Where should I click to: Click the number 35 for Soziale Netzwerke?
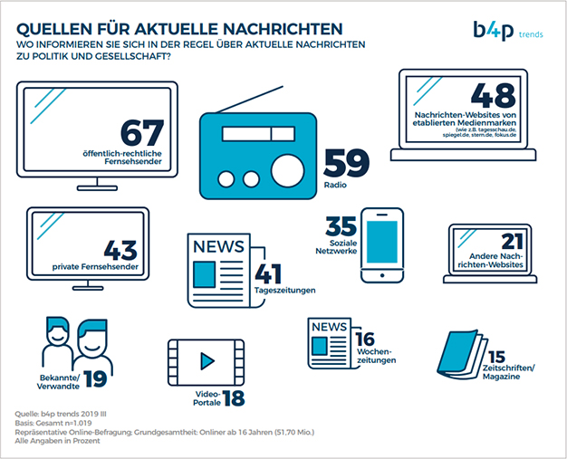(341, 225)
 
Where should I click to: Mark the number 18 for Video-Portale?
(235, 396)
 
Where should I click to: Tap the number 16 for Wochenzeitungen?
(365, 338)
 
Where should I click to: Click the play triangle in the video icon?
(207, 360)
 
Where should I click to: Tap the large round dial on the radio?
(288, 170)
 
